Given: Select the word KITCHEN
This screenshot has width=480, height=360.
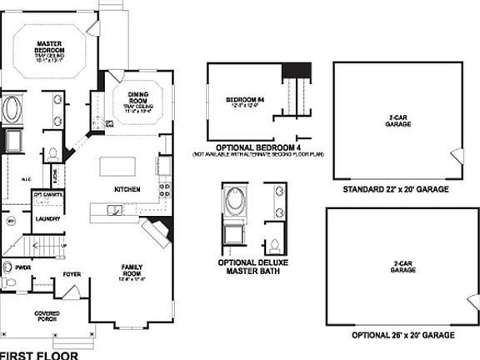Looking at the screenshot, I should (x=127, y=190).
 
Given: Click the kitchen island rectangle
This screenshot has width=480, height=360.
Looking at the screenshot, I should (x=117, y=166).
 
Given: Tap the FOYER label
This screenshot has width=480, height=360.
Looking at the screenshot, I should (x=72, y=273).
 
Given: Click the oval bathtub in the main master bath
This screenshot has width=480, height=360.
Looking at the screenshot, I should (x=13, y=110).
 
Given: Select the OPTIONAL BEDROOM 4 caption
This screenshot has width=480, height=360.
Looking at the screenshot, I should (x=257, y=147).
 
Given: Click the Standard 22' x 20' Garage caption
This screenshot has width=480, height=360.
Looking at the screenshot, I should (x=396, y=190).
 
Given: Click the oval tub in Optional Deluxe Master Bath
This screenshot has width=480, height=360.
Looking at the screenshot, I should (x=232, y=202).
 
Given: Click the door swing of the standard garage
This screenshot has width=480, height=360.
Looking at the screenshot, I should (x=455, y=157).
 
